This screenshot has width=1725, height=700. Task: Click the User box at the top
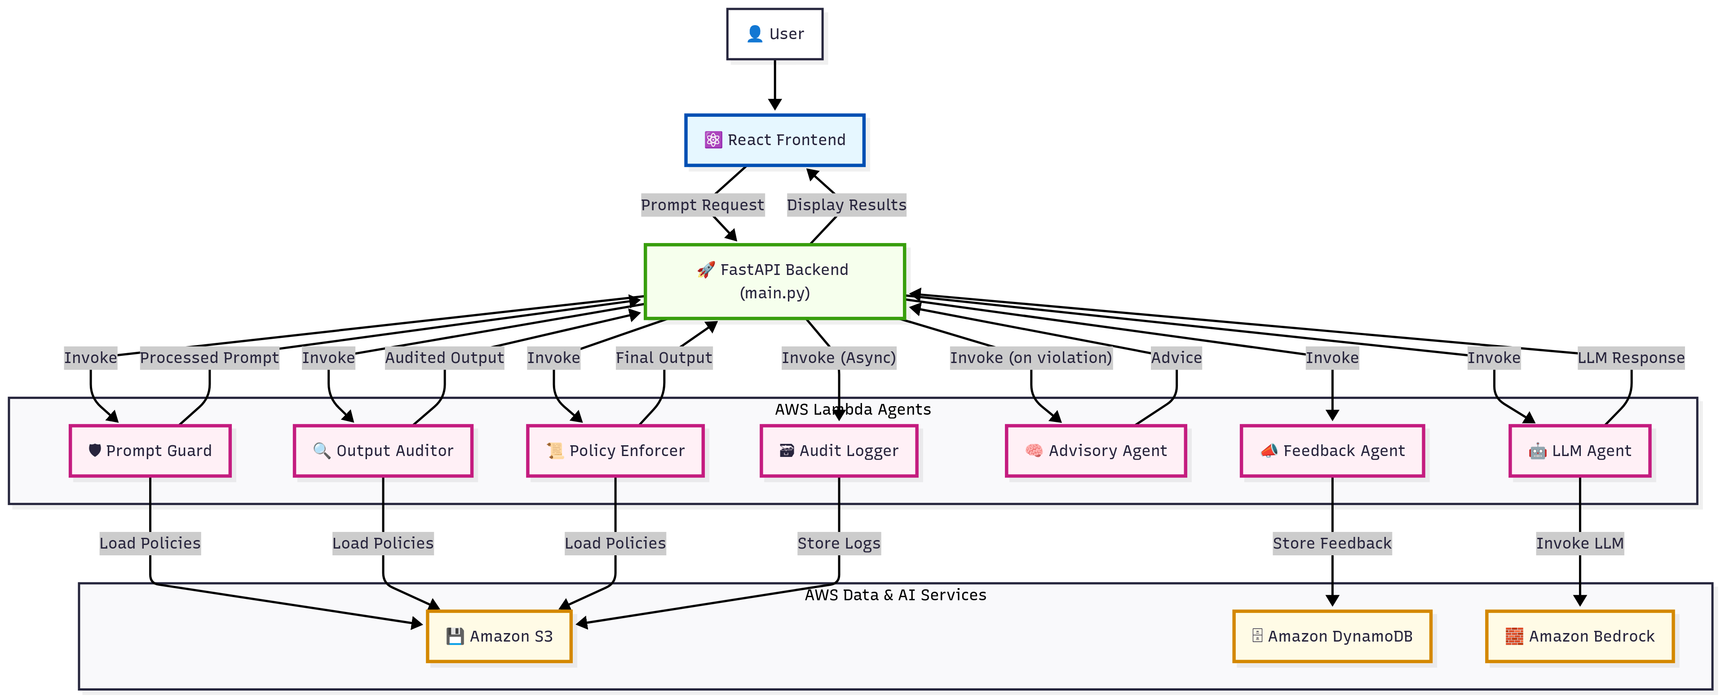(775, 34)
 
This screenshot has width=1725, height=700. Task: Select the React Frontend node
(775, 140)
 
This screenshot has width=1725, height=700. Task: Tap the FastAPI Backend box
(775, 281)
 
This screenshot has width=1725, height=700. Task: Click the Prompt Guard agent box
(150, 451)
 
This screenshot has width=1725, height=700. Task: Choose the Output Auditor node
(383, 451)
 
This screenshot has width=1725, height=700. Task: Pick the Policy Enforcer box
(615, 451)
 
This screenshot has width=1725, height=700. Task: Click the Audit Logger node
(839, 451)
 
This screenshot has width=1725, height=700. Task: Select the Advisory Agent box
(1096, 451)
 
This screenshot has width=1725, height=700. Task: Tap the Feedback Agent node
(1332, 451)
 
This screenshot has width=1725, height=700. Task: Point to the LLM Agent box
(1580, 451)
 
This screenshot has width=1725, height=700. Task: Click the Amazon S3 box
(500, 636)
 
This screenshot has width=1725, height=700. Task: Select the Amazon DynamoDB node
(1332, 636)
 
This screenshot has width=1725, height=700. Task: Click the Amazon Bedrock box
(1580, 636)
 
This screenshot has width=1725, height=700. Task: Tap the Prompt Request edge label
(703, 205)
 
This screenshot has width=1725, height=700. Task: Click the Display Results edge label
(846, 205)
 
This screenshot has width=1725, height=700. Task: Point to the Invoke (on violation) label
(1031, 358)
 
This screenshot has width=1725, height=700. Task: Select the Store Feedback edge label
(1332, 543)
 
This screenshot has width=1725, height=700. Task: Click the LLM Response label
(1631, 358)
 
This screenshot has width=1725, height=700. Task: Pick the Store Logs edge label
(839, 543)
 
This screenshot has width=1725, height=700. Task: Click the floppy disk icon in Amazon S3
(456, 636)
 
